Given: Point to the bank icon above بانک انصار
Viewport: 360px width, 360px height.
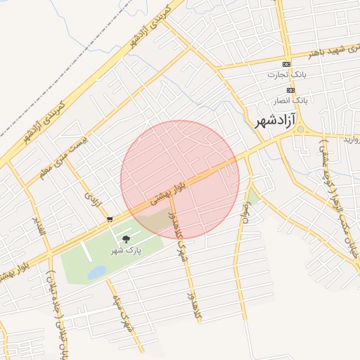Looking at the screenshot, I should click(x=290, y=90).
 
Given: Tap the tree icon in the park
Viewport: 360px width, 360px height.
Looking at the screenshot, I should click(x=125, y=240).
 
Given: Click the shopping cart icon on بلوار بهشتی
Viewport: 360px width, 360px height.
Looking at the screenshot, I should click(x=110, y=219).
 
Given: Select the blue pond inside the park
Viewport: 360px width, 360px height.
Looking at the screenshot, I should click(x=96, y=271).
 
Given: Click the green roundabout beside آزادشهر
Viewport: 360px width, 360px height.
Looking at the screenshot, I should click(x=301, y=129).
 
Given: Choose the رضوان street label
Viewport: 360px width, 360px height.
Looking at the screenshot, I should click(x=245, y=210).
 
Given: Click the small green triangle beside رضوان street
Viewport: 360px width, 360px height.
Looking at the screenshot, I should click(x=253, y=194).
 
